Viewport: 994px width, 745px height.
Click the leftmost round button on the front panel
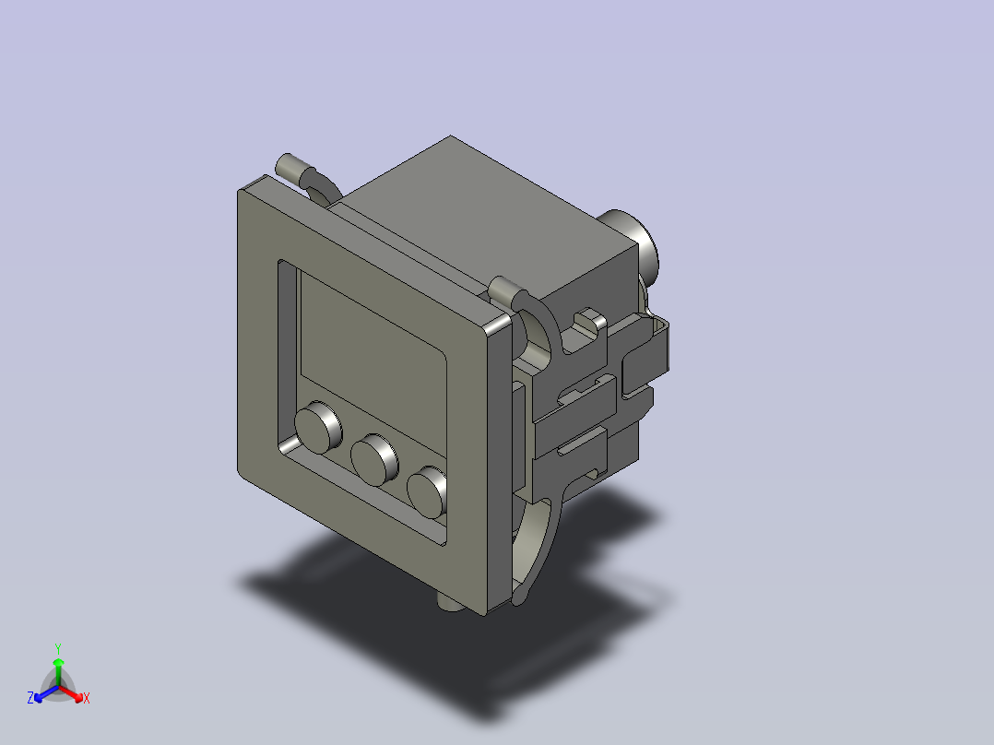[316, 426]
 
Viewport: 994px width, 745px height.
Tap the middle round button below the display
[373, 458]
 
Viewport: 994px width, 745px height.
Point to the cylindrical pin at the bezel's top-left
[290, 167]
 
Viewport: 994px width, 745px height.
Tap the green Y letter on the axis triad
[57, 647]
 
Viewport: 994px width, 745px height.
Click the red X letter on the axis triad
[86, 699]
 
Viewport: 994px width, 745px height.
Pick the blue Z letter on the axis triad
[30, 699]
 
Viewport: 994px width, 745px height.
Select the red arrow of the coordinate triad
[74, 692]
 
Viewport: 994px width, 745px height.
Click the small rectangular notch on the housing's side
[586, 321]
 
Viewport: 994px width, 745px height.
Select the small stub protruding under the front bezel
[449, 603]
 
